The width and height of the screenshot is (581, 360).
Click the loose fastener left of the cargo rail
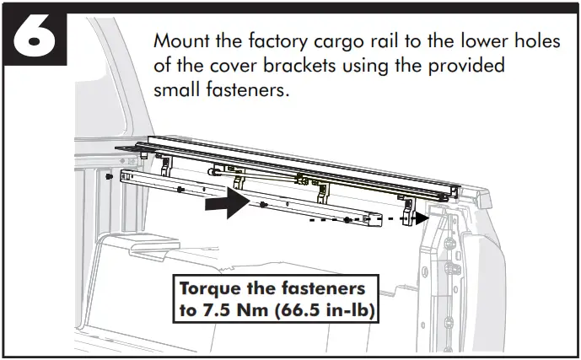[x=110, y=179]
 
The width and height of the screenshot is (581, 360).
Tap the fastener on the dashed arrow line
[x=347, y=220]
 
